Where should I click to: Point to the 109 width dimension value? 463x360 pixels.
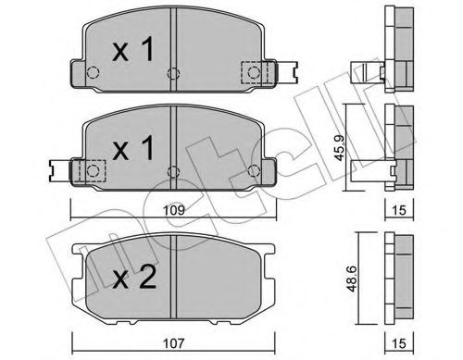pos(172,212)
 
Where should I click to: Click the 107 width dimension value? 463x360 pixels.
pos(173,341)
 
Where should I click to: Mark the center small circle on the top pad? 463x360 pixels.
pos(172,74)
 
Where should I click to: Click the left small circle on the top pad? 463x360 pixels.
pos(94,73)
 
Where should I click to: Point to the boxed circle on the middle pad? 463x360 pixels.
pos(93,170)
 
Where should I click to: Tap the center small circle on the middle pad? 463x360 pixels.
pos(172,169)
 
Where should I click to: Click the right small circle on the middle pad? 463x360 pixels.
pos(252,170)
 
